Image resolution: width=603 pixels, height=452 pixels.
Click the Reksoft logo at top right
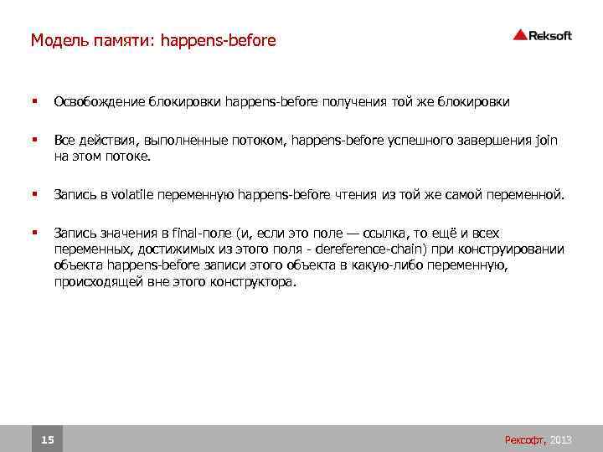(x=542, y=34)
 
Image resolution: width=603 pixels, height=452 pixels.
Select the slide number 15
(x=48, y=439)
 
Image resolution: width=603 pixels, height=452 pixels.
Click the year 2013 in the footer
(x=561, y=439)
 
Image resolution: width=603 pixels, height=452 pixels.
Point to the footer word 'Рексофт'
(x=524, y=439)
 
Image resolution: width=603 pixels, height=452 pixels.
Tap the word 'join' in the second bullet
(x=544, y=141)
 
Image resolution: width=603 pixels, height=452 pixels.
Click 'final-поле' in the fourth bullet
(x=198, y=233)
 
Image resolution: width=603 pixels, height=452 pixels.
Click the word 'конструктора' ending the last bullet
(x=259, y=282)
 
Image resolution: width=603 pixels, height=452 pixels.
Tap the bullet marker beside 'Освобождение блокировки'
(x=33, y=102)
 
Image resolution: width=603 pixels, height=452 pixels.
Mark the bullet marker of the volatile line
(x=33, y=194)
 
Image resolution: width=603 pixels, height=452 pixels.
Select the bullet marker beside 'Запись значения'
(x=33, y=233)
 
